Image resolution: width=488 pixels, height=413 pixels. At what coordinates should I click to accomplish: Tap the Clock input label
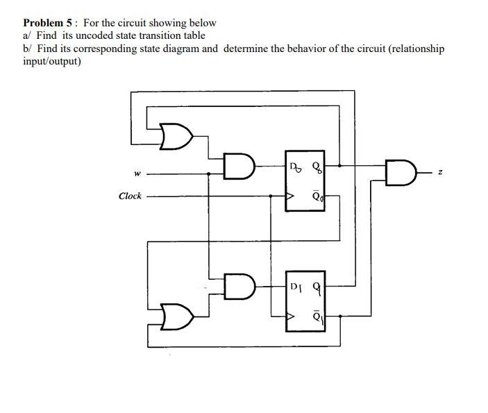(x=130, y=196)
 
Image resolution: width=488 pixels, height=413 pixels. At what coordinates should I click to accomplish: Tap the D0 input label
(x=295, y=166)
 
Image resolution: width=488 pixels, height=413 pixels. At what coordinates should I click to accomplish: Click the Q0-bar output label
(x=317, y=196)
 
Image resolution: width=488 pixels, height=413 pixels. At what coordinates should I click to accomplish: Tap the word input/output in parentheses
(x=53, y=61)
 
